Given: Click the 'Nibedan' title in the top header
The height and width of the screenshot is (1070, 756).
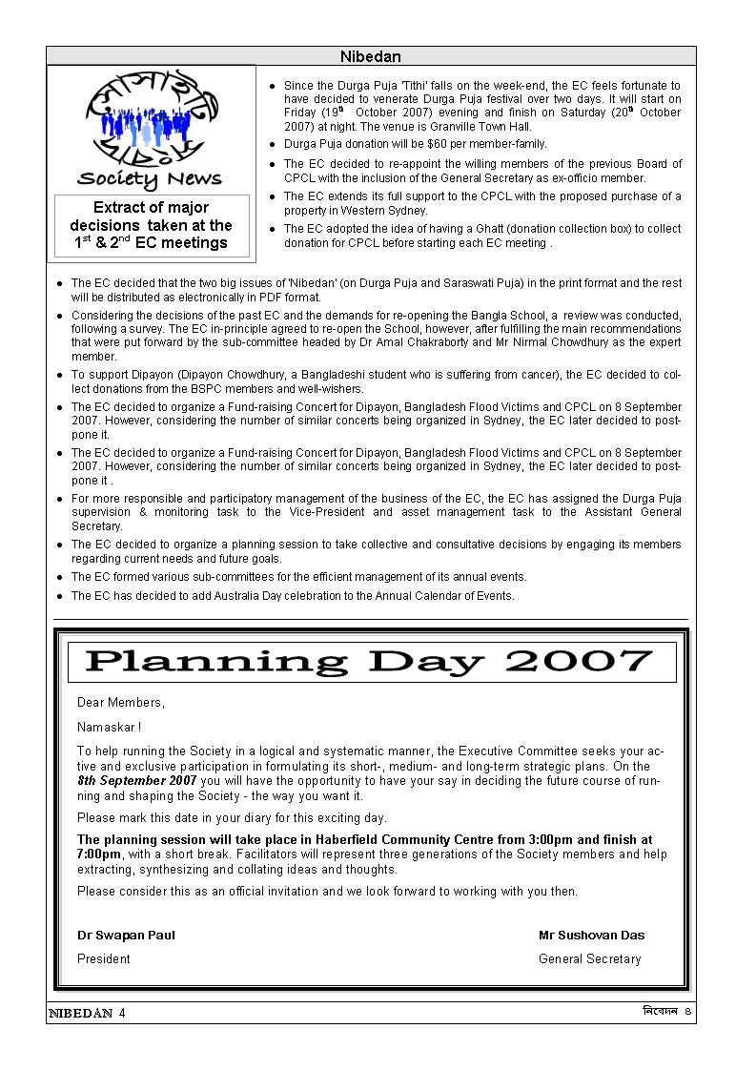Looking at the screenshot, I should pos(370,57).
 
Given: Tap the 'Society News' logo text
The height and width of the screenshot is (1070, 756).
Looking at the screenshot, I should pos(150,178).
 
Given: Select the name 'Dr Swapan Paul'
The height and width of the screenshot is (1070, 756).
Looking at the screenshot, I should pos(126,935).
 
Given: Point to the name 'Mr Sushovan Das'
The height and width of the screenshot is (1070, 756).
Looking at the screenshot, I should pos(591,935).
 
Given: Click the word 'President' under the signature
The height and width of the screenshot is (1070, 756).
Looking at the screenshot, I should pos(103,958).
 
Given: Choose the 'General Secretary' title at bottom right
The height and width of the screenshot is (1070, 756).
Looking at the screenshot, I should pos(589,958).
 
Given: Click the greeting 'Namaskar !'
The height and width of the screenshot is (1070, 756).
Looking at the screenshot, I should pos(109,727).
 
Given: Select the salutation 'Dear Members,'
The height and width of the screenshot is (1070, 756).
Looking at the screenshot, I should pos(120,703).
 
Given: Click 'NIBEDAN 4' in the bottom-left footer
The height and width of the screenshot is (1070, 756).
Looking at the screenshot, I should pos(87,1014).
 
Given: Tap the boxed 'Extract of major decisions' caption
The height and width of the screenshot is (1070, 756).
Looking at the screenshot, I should pos(151,225).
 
